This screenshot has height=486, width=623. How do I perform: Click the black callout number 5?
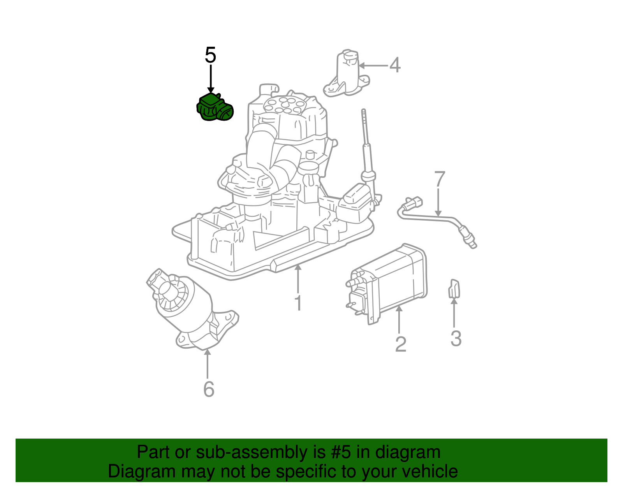click(x=210, y=55)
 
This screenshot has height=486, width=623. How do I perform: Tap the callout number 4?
click(x=395, y=65)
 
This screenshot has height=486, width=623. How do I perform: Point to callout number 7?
click(x=439, y=179)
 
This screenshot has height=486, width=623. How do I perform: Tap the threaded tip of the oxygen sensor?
click(x=472, y=244)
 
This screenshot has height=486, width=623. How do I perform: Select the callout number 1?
click(x=298, y=303)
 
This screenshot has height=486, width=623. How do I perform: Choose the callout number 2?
click(x=400, y=344)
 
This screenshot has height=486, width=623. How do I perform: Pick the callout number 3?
click(x=456, y=338)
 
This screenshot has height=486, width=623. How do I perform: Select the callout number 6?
click(x=209, y=389)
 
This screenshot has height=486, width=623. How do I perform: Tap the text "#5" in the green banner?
click(x=343, y=453)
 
